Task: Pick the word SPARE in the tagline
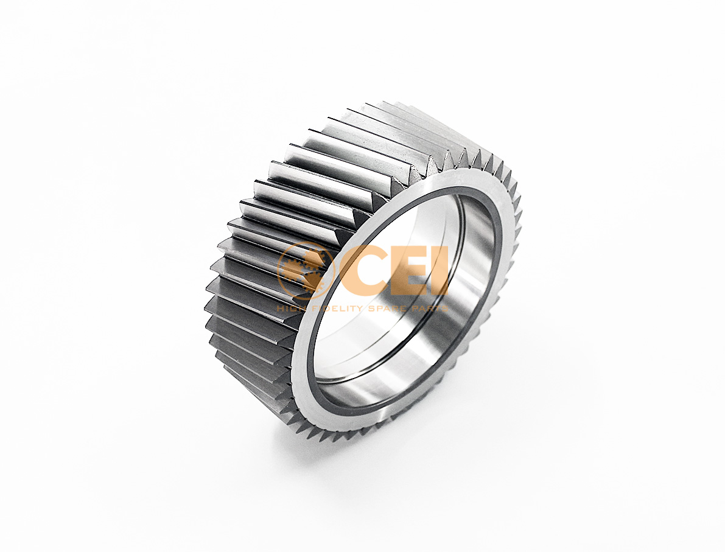tap(385, 309)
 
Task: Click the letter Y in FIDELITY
tap(360, 309)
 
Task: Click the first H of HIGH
tap(281, 309)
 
